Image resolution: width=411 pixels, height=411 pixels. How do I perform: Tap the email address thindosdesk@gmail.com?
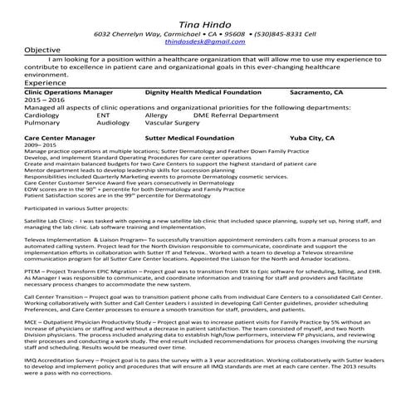pos(205,40)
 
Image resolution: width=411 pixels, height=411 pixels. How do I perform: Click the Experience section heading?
pos(46,83)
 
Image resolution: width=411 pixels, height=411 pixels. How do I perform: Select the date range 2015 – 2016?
pos(44,100)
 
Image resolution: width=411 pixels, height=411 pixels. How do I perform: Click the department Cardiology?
pos(42,115)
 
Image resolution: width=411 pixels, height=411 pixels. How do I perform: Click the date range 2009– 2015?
pos(38,145)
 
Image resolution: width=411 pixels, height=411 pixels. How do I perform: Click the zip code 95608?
pos(223,32)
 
